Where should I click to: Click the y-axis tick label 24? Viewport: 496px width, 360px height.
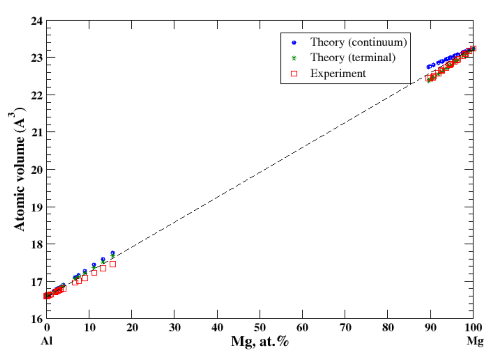tap(37, 21)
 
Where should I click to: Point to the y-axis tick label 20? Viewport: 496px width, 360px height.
tap(37, 170)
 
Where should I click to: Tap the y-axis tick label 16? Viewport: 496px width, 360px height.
tap(37, 319)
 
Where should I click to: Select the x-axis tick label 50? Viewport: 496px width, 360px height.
tap(260, 328)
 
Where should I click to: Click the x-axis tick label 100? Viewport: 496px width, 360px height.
tap(473, 328)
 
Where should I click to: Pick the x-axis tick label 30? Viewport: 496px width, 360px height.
tap(174, 328)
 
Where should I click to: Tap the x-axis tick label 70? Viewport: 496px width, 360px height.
tap(345, 328)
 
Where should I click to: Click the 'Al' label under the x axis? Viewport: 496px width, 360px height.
tap(47, 341)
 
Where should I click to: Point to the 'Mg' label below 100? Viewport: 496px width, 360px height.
tap(475, 341)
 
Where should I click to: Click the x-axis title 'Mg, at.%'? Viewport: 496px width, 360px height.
tap(260, 341)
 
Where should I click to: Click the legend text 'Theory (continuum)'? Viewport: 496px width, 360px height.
tap(358, 42)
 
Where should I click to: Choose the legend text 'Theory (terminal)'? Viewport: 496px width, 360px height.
tap(353, 58)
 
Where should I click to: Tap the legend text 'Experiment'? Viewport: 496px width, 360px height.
tap(338, 74)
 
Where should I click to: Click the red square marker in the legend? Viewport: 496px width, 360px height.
tap(294, 74)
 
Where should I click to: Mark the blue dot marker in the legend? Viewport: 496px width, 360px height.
tap(294, 43)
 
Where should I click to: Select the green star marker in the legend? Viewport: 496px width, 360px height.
tap(294, 58)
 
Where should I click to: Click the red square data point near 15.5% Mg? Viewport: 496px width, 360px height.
tap(113, 264)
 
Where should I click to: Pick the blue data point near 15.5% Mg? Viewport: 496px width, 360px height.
tap(113, 253)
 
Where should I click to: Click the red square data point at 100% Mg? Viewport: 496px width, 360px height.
tap(473, 48)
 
